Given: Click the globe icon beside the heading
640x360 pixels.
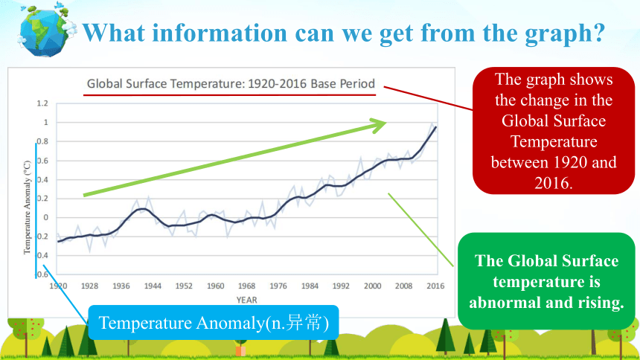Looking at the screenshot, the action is point(46,31).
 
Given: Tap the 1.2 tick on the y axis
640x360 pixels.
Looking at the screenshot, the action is point(42,103).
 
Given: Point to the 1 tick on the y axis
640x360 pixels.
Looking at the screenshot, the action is point(45,122).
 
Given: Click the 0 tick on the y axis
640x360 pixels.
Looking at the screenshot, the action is point(46,217).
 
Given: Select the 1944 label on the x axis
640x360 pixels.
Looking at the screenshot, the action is point(153,286).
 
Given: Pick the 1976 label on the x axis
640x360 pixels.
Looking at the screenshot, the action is point(278,286).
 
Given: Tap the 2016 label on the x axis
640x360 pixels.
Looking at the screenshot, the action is point(435,286).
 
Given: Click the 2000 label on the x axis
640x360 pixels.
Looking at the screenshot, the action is point(372,286).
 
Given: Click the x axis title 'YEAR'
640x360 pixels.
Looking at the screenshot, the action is point(246,300).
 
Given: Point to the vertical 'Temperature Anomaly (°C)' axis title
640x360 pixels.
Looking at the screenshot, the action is point(27,208).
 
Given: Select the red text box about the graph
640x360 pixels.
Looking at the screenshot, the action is point(554,131).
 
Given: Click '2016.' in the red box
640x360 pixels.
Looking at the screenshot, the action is point(554,183).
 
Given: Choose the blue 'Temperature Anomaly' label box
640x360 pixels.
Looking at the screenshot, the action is point(214,323).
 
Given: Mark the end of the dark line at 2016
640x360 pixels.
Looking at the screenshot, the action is point(436,127).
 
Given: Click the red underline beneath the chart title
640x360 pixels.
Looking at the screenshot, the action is point(229,95).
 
